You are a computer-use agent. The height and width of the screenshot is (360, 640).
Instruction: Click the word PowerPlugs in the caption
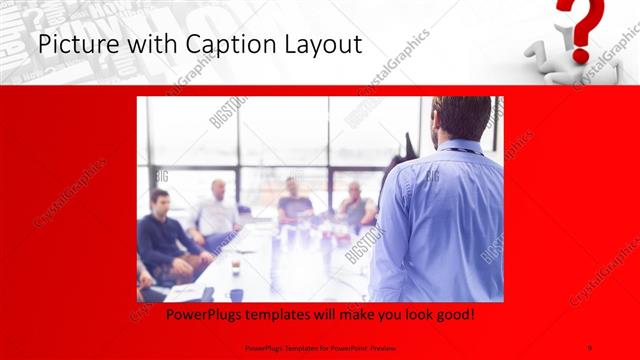184,315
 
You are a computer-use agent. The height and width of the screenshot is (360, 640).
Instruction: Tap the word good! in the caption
452,315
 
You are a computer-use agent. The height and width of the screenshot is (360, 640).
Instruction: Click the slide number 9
591,347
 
